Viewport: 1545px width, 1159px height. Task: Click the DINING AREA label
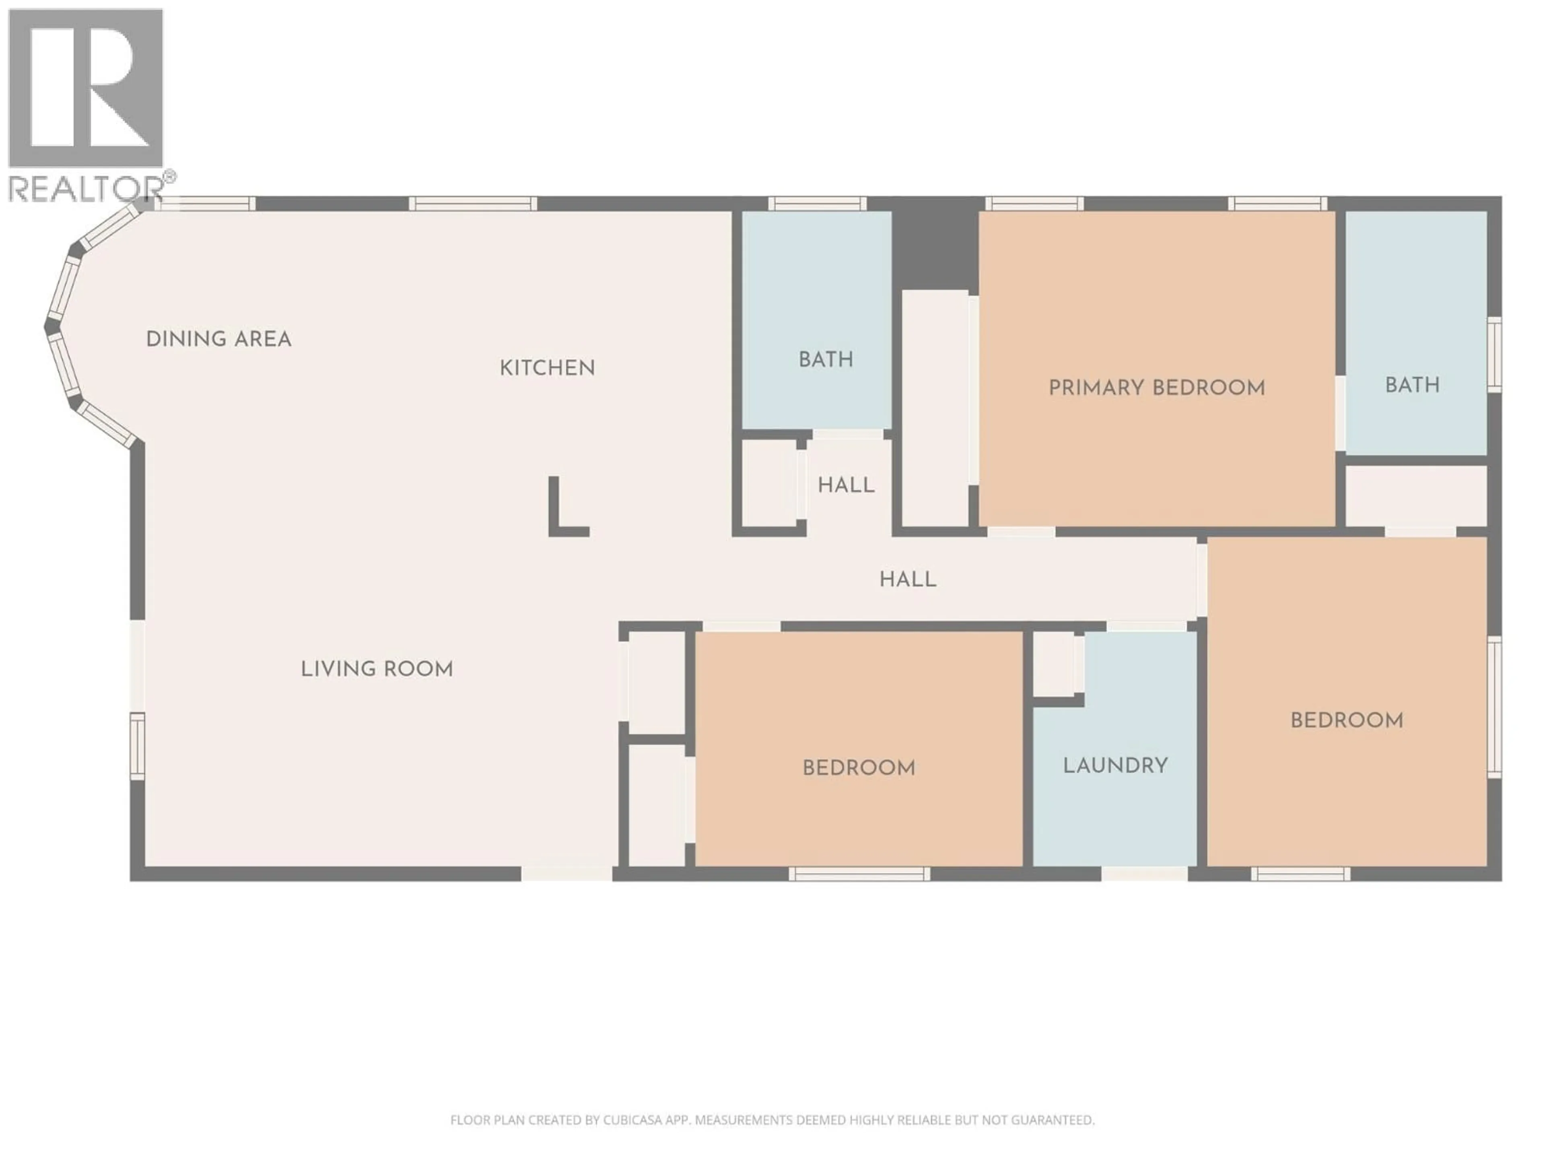[x=218, y=340]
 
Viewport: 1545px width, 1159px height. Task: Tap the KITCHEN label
[x=547, y=368]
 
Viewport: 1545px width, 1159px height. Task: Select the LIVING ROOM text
[x=377, y=669]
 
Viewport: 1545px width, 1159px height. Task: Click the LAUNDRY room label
[x=1115, y=766]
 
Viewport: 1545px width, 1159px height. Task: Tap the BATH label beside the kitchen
[x=826, y=360]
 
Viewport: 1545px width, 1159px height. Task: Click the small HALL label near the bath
[x=846, y=486]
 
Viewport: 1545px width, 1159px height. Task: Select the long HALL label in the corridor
[x=907, y=579]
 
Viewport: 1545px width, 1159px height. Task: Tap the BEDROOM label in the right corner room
[x=1346, y=720]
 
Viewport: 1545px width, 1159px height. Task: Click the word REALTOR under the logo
[x=85, y=189]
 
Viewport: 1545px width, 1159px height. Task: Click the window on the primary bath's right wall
[x=1494, y=353]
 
